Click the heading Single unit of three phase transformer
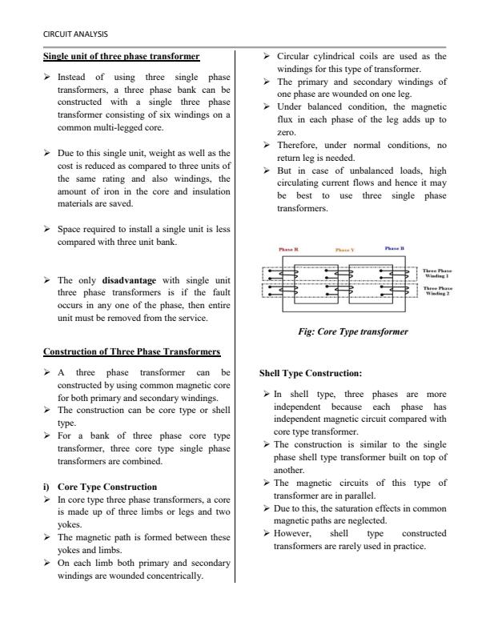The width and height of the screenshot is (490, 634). [x=121, y=56]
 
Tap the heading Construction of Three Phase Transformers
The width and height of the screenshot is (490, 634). [x=131, y=351]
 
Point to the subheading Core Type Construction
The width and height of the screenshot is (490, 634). [x=118, y=486]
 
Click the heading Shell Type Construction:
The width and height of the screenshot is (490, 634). [x=311, y=372]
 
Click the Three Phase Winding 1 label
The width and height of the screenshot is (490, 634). [x=439, y=274]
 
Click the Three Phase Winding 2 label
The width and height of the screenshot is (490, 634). [x=439, y=290]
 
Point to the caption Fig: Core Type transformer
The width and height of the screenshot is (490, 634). [x=353, y=331]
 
